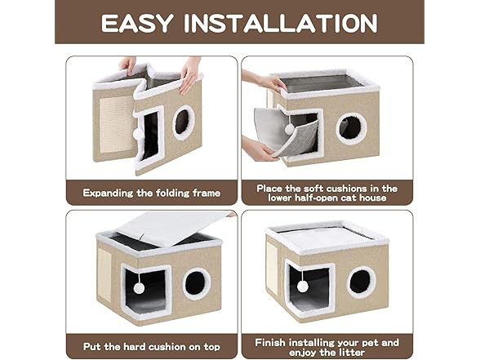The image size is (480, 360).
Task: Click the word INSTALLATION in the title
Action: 287,22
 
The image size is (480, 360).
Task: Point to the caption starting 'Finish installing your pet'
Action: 327,343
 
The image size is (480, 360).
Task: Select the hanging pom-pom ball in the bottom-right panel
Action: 303,287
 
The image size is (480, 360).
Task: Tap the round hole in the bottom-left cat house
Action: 196,283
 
